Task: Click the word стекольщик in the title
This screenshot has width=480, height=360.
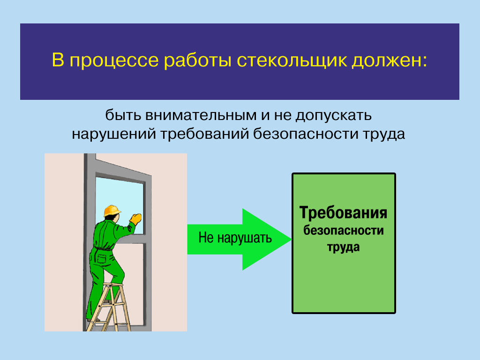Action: point(292,60)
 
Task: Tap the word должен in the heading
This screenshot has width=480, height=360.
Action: point(389,61)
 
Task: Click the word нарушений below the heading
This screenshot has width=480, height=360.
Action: point(114,135)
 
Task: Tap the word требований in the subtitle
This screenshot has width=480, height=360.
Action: point(205,134)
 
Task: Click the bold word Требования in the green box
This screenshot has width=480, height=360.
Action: point(343,212)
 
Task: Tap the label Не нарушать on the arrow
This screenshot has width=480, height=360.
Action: point(235,238)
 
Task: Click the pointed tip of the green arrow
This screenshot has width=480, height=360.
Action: point(292,240)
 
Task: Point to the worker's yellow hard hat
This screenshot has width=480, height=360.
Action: point(112,210)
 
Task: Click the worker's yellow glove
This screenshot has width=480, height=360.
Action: point(135,219)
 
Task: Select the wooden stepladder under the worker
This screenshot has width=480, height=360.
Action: point(110,307)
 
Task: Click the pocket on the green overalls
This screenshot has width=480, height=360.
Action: point(101,259)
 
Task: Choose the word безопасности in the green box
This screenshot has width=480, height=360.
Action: point(343,231)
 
